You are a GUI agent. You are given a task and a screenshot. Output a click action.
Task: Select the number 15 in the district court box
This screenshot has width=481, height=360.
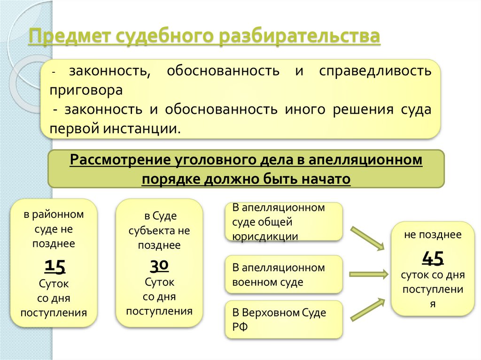(x=54, y=266)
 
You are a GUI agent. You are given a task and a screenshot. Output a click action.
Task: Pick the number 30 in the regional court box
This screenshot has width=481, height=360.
(x=159, y=266)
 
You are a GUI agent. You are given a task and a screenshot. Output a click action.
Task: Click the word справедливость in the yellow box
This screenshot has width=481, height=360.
(x=375, y=72)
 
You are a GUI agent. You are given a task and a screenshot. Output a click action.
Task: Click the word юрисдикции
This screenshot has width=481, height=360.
(x=265, y=236)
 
